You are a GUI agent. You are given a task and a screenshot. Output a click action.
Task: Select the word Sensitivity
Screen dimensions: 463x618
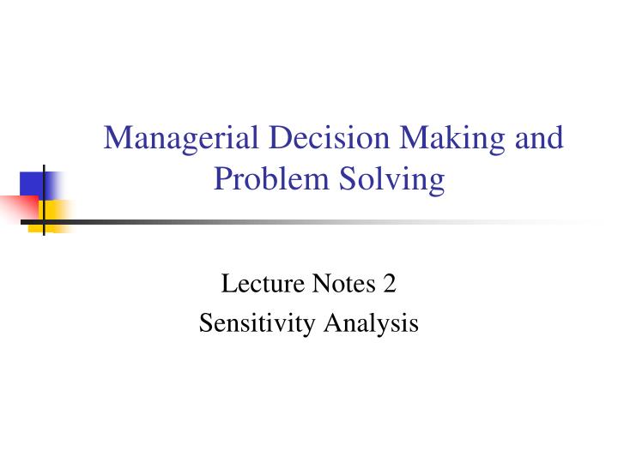tap(257, 324)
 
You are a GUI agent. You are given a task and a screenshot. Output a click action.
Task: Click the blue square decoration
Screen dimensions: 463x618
tap(32, 183)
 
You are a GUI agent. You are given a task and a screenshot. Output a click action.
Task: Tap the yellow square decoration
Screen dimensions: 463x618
tap(57, 211)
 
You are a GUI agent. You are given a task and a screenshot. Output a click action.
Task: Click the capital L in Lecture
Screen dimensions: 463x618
tap(228, 283)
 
